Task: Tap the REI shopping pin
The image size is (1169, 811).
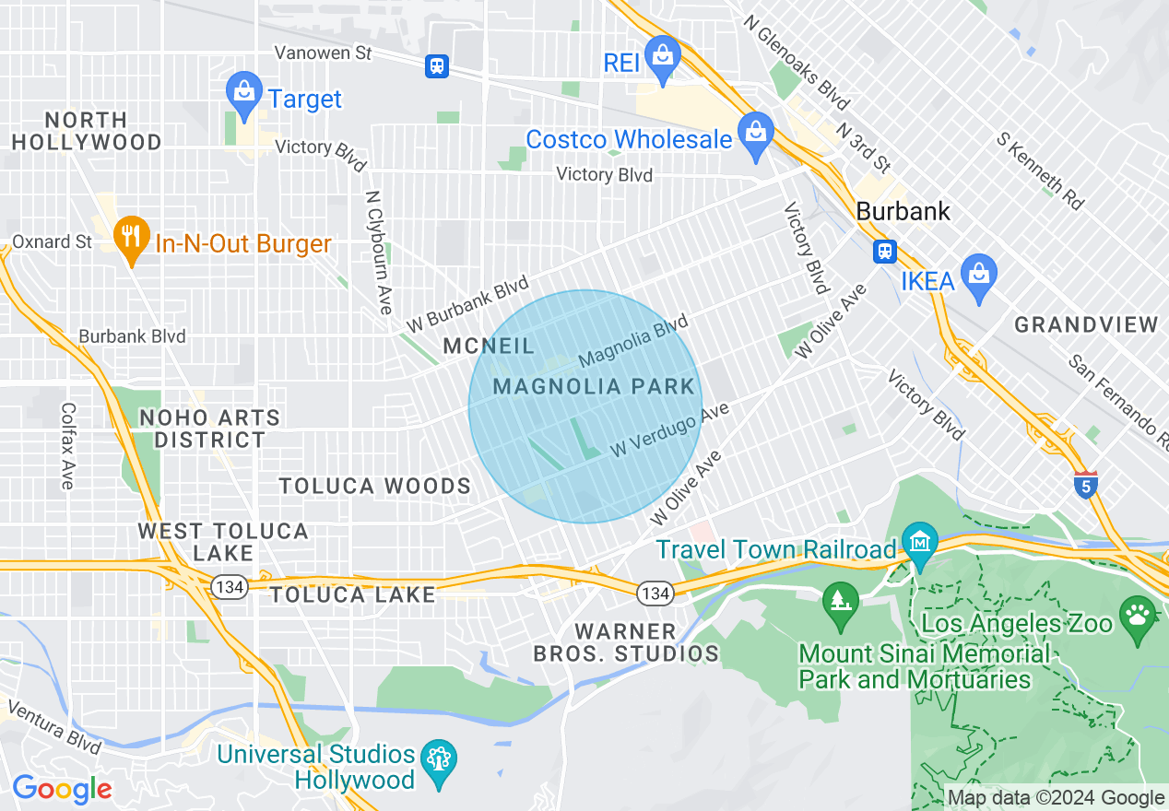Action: click(662, 58)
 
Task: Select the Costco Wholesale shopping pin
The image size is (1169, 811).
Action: click(755, 134)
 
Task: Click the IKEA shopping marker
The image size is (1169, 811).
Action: click(978, 276)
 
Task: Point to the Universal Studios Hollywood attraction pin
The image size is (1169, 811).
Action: click(438, 761)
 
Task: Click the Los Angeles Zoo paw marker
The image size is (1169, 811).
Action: click(1138, 614)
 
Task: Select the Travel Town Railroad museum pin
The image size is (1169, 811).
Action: click(919, 543)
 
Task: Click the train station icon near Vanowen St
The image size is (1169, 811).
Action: click(436, 65)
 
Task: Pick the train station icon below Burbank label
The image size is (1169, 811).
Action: click(884, 251)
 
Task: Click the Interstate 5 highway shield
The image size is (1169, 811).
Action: click(1086, 484)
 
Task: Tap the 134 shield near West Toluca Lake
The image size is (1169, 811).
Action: click(227, 586)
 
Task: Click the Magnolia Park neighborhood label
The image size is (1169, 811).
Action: click(593, 386)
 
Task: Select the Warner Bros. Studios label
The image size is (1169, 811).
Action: click(626, 642)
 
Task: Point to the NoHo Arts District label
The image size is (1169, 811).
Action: click(209, 429)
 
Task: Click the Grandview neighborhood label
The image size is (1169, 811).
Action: click(1085, 324)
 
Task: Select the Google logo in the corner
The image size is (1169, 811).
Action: click(61, 789)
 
